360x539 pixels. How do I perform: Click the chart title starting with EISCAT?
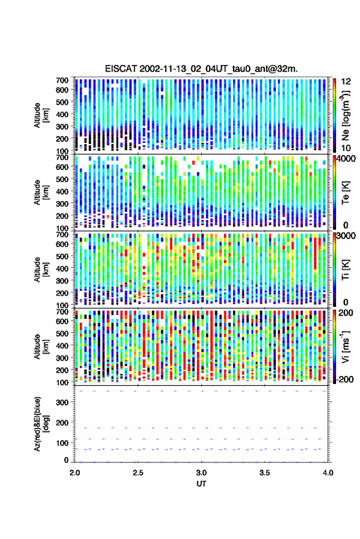coord(201,69)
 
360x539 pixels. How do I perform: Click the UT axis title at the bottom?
coord(201,484)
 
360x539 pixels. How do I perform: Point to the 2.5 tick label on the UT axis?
coord(138,473)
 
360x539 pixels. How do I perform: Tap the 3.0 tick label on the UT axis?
coord(201,473)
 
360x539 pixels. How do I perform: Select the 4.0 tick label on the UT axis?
coord(327,473)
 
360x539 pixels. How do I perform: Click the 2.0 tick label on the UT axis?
coord(75,473)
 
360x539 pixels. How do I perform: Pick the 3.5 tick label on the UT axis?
coord(264,473)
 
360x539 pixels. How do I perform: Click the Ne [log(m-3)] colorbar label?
coord(345,115)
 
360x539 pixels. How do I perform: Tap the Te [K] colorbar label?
coord(345,193)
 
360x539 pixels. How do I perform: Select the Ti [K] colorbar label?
coord(345,270)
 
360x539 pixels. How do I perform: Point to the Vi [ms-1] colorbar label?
coord(345,346)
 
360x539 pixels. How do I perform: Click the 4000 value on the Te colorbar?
coord(345,159)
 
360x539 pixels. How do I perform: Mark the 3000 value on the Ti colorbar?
coord(345,236)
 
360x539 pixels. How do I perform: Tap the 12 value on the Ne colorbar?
coord(346,82)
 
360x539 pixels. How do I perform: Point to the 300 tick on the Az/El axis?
coord(62,402)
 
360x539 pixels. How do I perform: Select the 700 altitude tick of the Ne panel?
coord(62,80)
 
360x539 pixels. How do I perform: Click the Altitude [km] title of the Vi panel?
coord(41,346)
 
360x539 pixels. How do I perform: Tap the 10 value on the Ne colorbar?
coord(346,148)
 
